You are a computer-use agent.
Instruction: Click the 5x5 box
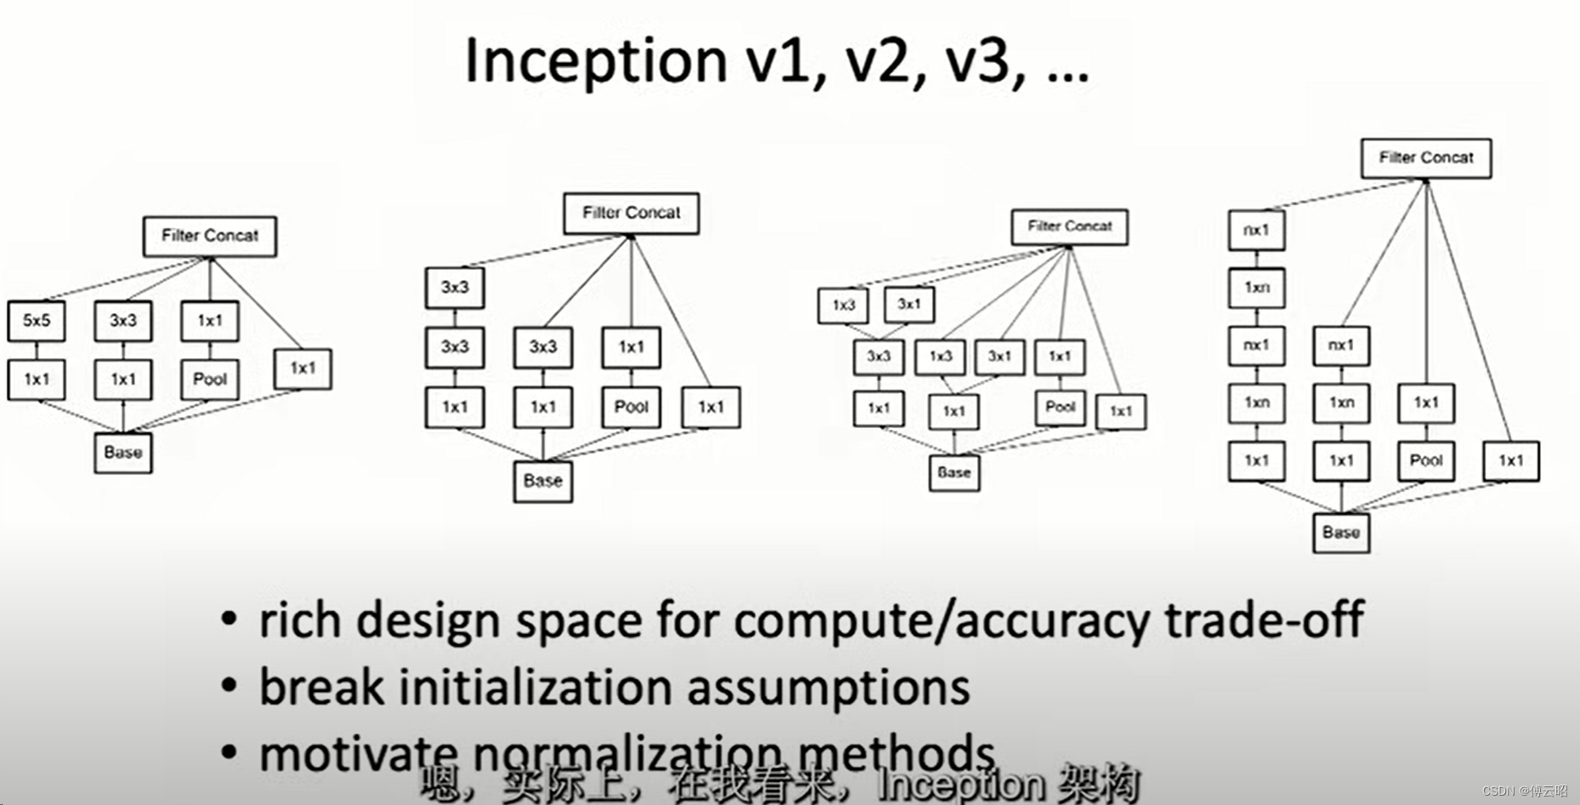click(37, 321)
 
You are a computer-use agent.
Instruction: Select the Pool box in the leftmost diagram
click(209, 380)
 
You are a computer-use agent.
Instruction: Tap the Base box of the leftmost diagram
click(123, 453)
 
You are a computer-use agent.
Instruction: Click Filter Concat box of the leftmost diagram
click(210, 236)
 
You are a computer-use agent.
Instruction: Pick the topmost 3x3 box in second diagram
click(455, 288)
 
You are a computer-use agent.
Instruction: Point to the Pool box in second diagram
click(631, 407)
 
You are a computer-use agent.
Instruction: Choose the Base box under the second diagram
click(543, 481)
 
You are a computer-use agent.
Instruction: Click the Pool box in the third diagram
click(1060, 407)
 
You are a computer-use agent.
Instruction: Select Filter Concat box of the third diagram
click(1070, 226)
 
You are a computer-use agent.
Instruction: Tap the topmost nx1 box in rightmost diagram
click(1256, 230)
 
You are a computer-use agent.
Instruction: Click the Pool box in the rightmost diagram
click(1426, 460)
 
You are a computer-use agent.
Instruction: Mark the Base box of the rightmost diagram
click(1341, 533)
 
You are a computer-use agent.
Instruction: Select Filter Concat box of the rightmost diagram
click(1426, 157)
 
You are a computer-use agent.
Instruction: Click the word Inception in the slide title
click(595, 61)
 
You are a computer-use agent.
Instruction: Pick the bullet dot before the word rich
click(229, 619)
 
